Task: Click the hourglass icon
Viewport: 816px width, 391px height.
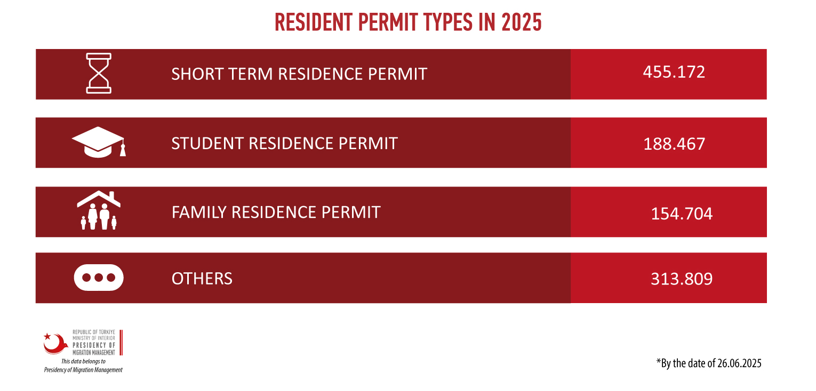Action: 98,73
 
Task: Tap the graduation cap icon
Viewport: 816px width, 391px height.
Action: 99,142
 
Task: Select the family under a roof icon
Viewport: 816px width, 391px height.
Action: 99,210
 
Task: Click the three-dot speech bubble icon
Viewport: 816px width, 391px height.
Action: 99,278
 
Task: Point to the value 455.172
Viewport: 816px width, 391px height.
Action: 674,72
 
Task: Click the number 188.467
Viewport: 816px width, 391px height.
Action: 674,144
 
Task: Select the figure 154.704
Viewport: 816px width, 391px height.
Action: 682,214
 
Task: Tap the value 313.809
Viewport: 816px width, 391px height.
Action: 682,279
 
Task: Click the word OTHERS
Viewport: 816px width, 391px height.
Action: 202,279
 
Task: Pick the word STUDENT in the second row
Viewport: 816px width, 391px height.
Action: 207,143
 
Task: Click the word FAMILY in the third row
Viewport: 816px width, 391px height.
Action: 199,213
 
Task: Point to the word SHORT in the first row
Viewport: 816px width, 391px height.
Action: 197,74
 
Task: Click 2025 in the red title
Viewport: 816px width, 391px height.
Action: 521,22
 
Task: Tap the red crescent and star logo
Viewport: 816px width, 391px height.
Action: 55,343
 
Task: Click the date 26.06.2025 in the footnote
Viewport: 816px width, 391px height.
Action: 739,363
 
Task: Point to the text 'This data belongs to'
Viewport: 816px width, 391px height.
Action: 83,361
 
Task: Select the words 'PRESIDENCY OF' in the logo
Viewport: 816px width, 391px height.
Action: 94,345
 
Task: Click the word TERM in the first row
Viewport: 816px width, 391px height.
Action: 251,74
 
